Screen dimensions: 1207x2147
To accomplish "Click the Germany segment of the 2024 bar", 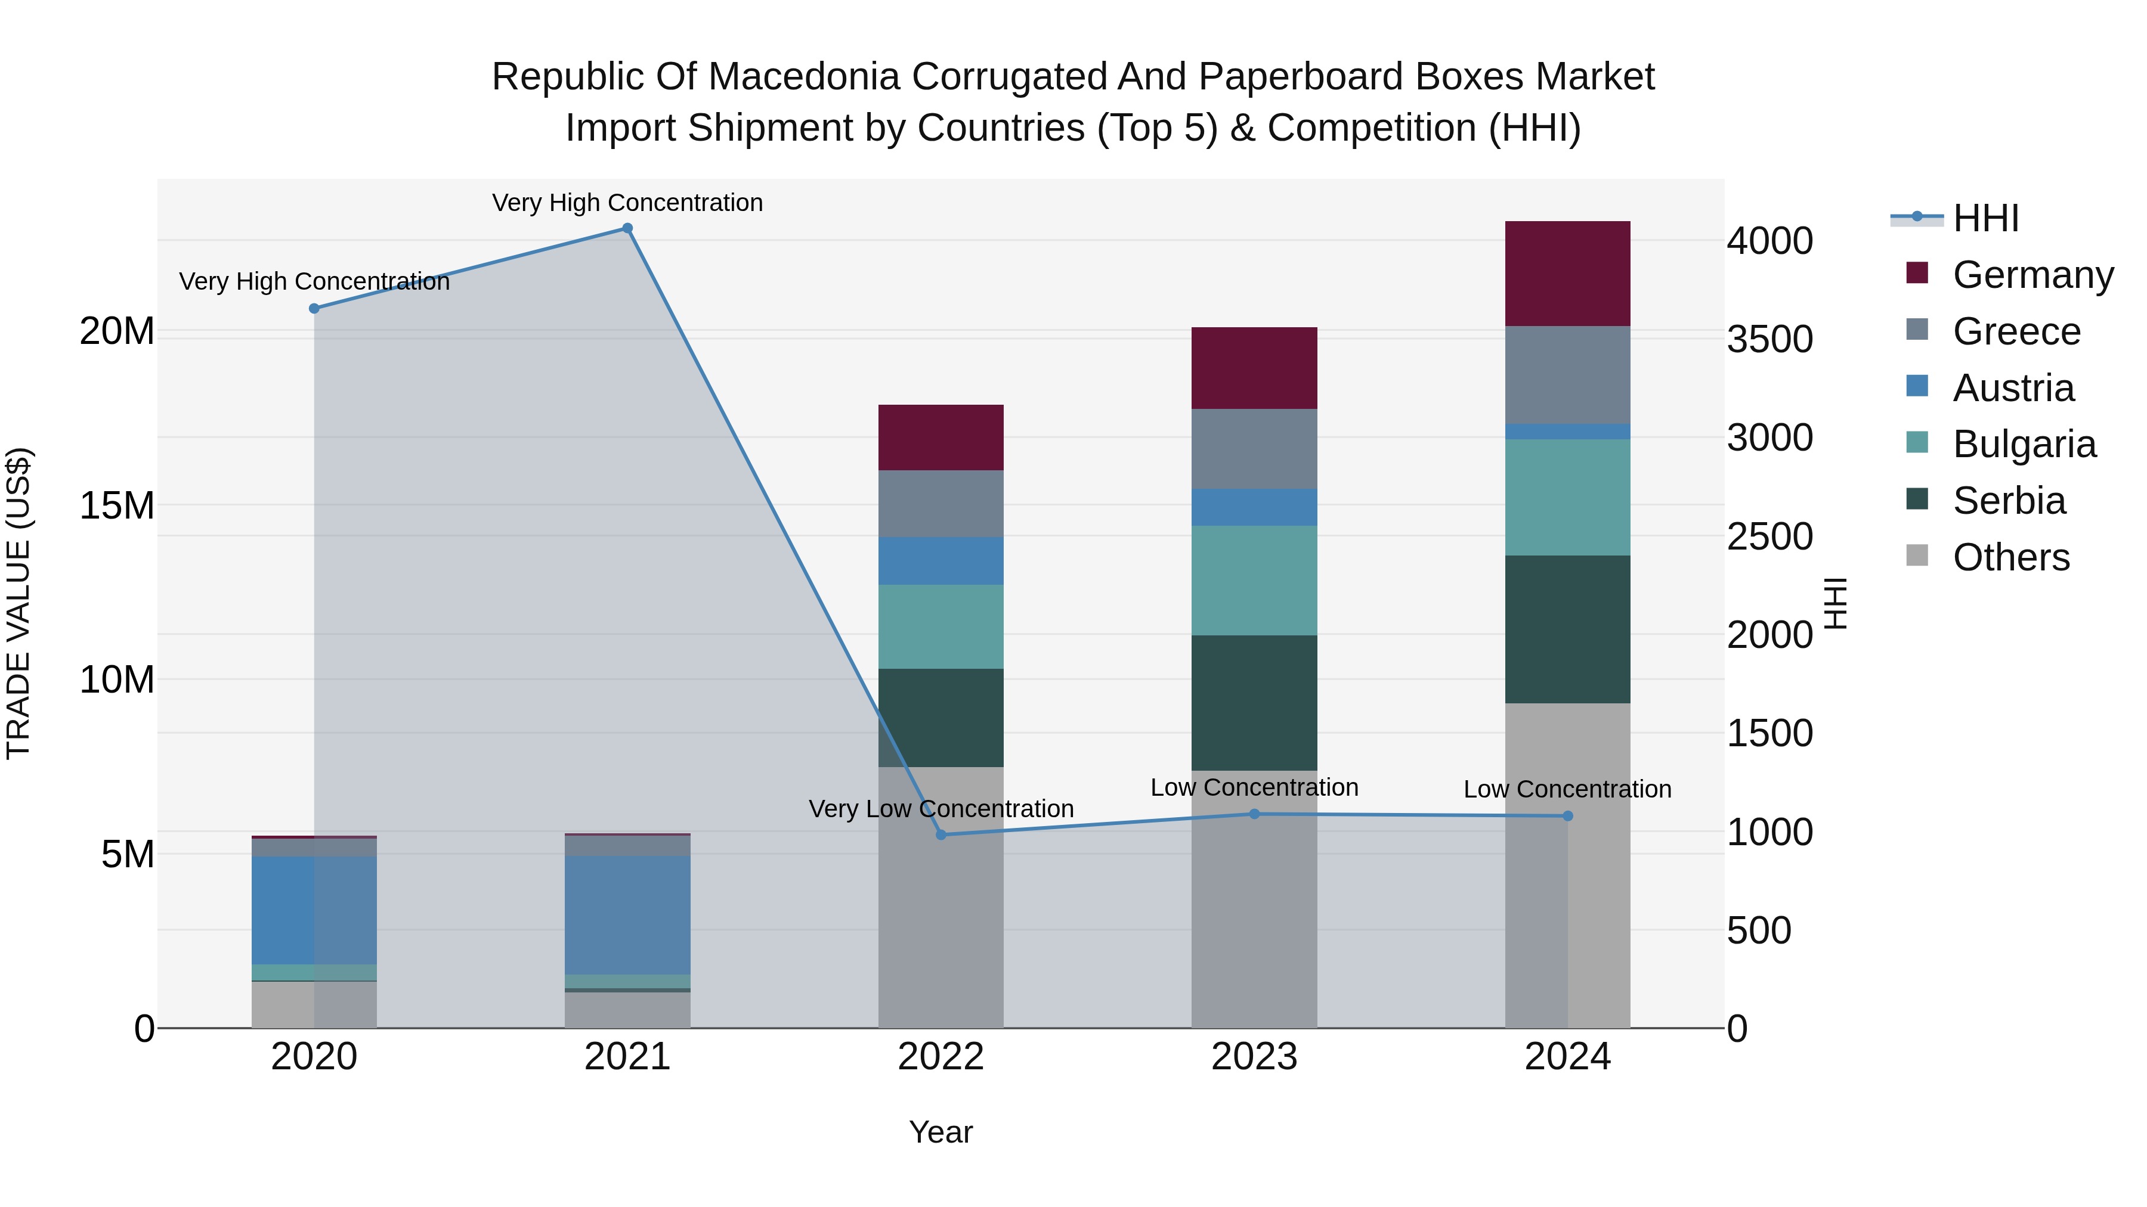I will [1567, 273].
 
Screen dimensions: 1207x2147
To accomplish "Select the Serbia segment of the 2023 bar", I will [1254, 702].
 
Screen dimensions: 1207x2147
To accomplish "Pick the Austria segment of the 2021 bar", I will [627, 914].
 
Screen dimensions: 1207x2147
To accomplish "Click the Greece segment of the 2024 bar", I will [1567, 375].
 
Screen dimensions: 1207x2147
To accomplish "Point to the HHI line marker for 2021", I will [627, 228].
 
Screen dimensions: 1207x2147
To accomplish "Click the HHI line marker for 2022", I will [941, 834].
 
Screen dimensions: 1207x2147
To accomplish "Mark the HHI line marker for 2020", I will [314, 308].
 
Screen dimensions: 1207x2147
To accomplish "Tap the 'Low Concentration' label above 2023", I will [1254, 787].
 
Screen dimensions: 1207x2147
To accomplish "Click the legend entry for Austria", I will [2013, 388].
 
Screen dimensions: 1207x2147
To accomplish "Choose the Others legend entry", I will [2010, 557].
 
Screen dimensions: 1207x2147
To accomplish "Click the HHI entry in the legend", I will [1985, 218].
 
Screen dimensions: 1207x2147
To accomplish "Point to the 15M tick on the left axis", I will [117, 505].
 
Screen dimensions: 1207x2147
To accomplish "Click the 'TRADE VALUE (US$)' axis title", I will [18, 603].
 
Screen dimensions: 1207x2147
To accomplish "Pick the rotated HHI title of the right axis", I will [1835, 603].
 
